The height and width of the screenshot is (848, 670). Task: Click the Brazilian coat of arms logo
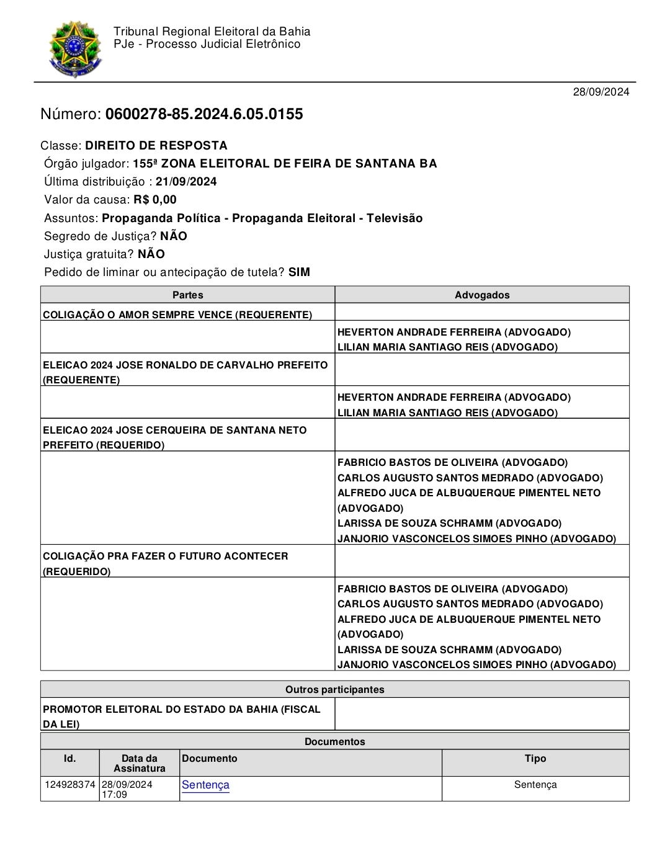tap(75, 49)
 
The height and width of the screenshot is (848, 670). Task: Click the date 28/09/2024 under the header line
tap(601, 92)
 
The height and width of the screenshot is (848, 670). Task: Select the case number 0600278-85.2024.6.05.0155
tap(204, 114)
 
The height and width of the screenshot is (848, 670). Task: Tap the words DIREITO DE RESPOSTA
tap(156, 146)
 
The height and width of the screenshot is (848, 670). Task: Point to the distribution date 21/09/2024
tap(186, 182)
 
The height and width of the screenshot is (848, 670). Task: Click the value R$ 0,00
tap(155, 200)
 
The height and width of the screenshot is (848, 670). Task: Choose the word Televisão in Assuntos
tap(395, 218)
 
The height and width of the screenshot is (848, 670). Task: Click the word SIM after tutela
tap(299, 272)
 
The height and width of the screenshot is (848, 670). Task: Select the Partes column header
tap(187, 295)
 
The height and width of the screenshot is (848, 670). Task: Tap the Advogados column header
tap(482, 295)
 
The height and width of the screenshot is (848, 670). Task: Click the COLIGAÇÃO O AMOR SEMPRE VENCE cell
tap(177, 315)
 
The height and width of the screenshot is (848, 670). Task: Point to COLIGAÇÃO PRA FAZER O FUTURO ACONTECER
tap(166, 556)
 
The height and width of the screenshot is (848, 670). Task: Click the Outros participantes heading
tap(334, 690)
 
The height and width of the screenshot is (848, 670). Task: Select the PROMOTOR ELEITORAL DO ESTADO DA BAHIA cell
tap(182, 710)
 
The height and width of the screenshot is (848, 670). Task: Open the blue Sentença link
tap(205, 785)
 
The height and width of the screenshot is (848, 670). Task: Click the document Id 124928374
tap(70, 785)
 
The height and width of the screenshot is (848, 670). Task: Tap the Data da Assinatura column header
tap(140, 763)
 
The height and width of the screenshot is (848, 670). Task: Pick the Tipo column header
tap(535, 759)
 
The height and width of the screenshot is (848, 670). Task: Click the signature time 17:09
tap(115, 795)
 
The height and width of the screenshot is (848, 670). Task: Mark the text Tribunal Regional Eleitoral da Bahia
tap(212, 32)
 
